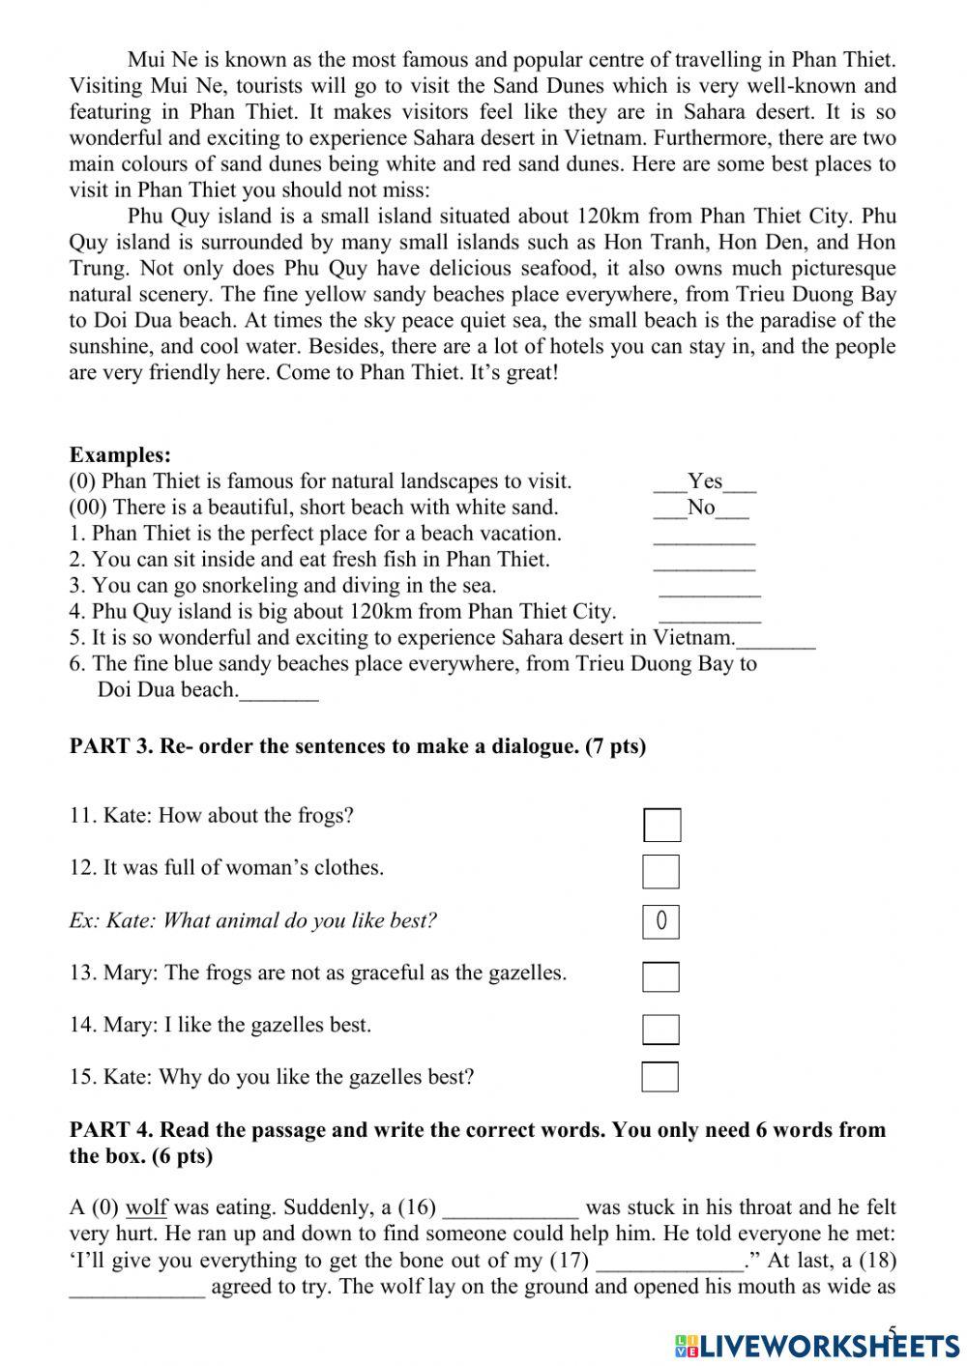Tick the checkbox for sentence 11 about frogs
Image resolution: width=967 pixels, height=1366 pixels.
point(661,825)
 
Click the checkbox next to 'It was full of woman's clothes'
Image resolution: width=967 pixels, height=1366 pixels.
point(660,871)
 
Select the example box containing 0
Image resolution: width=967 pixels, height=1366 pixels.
point(660,921)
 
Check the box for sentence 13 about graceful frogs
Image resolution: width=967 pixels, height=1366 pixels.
point(660,976)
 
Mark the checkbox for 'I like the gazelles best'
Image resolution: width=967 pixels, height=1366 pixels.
point(660,1029)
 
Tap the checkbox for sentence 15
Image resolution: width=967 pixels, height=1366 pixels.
point(659,1077)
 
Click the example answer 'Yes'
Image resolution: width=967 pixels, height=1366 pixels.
point(705,481)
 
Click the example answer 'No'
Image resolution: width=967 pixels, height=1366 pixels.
point(701,508)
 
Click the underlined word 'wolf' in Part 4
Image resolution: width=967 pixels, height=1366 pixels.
point(146,1207)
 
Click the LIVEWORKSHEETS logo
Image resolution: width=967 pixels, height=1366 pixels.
point(817,1345)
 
